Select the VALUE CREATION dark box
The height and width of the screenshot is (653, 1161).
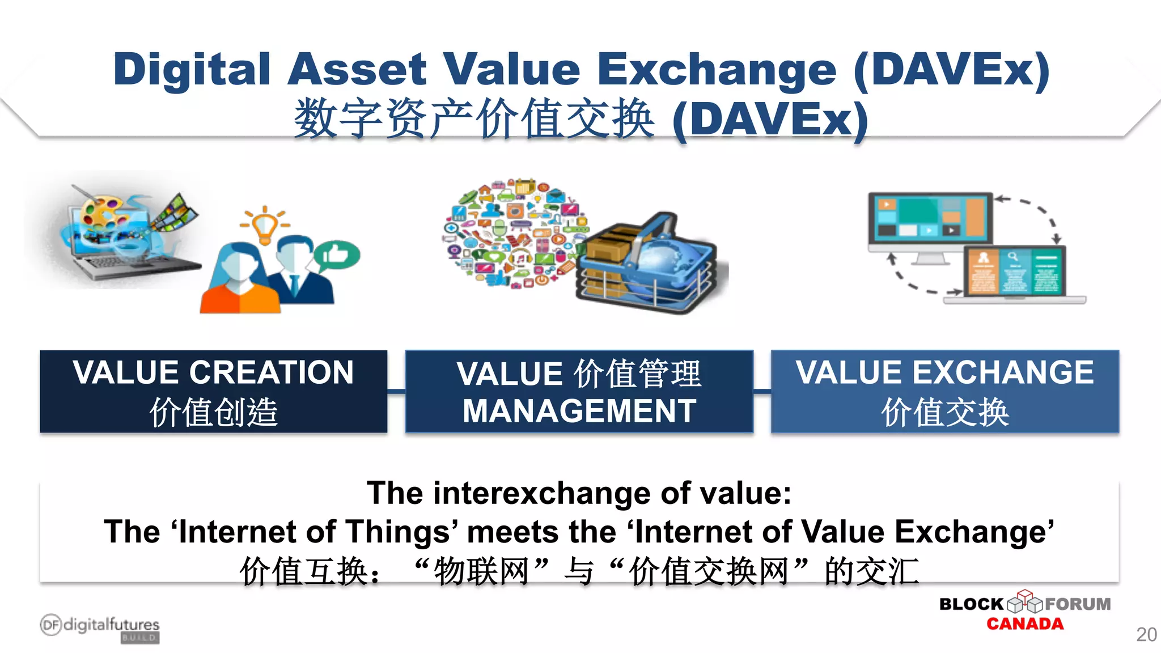[x=213, y=391]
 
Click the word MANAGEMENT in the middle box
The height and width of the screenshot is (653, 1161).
[x=579, y=412]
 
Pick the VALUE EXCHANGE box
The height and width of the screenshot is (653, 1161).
[x=944, y=391]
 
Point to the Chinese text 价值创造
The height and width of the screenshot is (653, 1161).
[x=213, y=412]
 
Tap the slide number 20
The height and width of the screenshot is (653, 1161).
[x=1146, y=634]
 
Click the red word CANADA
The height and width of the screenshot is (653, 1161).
[x=1024, y=624]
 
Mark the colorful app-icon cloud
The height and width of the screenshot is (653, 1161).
[x=513, y=232]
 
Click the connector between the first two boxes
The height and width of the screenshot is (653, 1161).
[x=396, y=391]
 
